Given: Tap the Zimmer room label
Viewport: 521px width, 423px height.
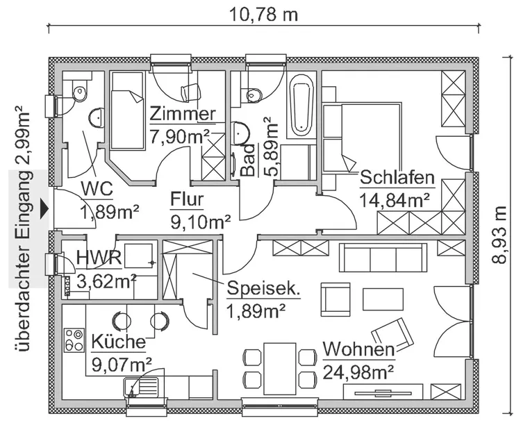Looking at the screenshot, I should coord(183,113).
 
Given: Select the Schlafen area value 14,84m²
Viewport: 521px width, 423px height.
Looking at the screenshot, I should coord(394,200).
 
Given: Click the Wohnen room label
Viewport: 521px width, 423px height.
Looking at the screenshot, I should coord(358,349).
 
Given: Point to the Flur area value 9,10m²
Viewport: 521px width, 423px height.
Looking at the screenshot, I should coord(201,222).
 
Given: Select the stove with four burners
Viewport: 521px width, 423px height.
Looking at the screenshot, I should coord(73,340).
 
